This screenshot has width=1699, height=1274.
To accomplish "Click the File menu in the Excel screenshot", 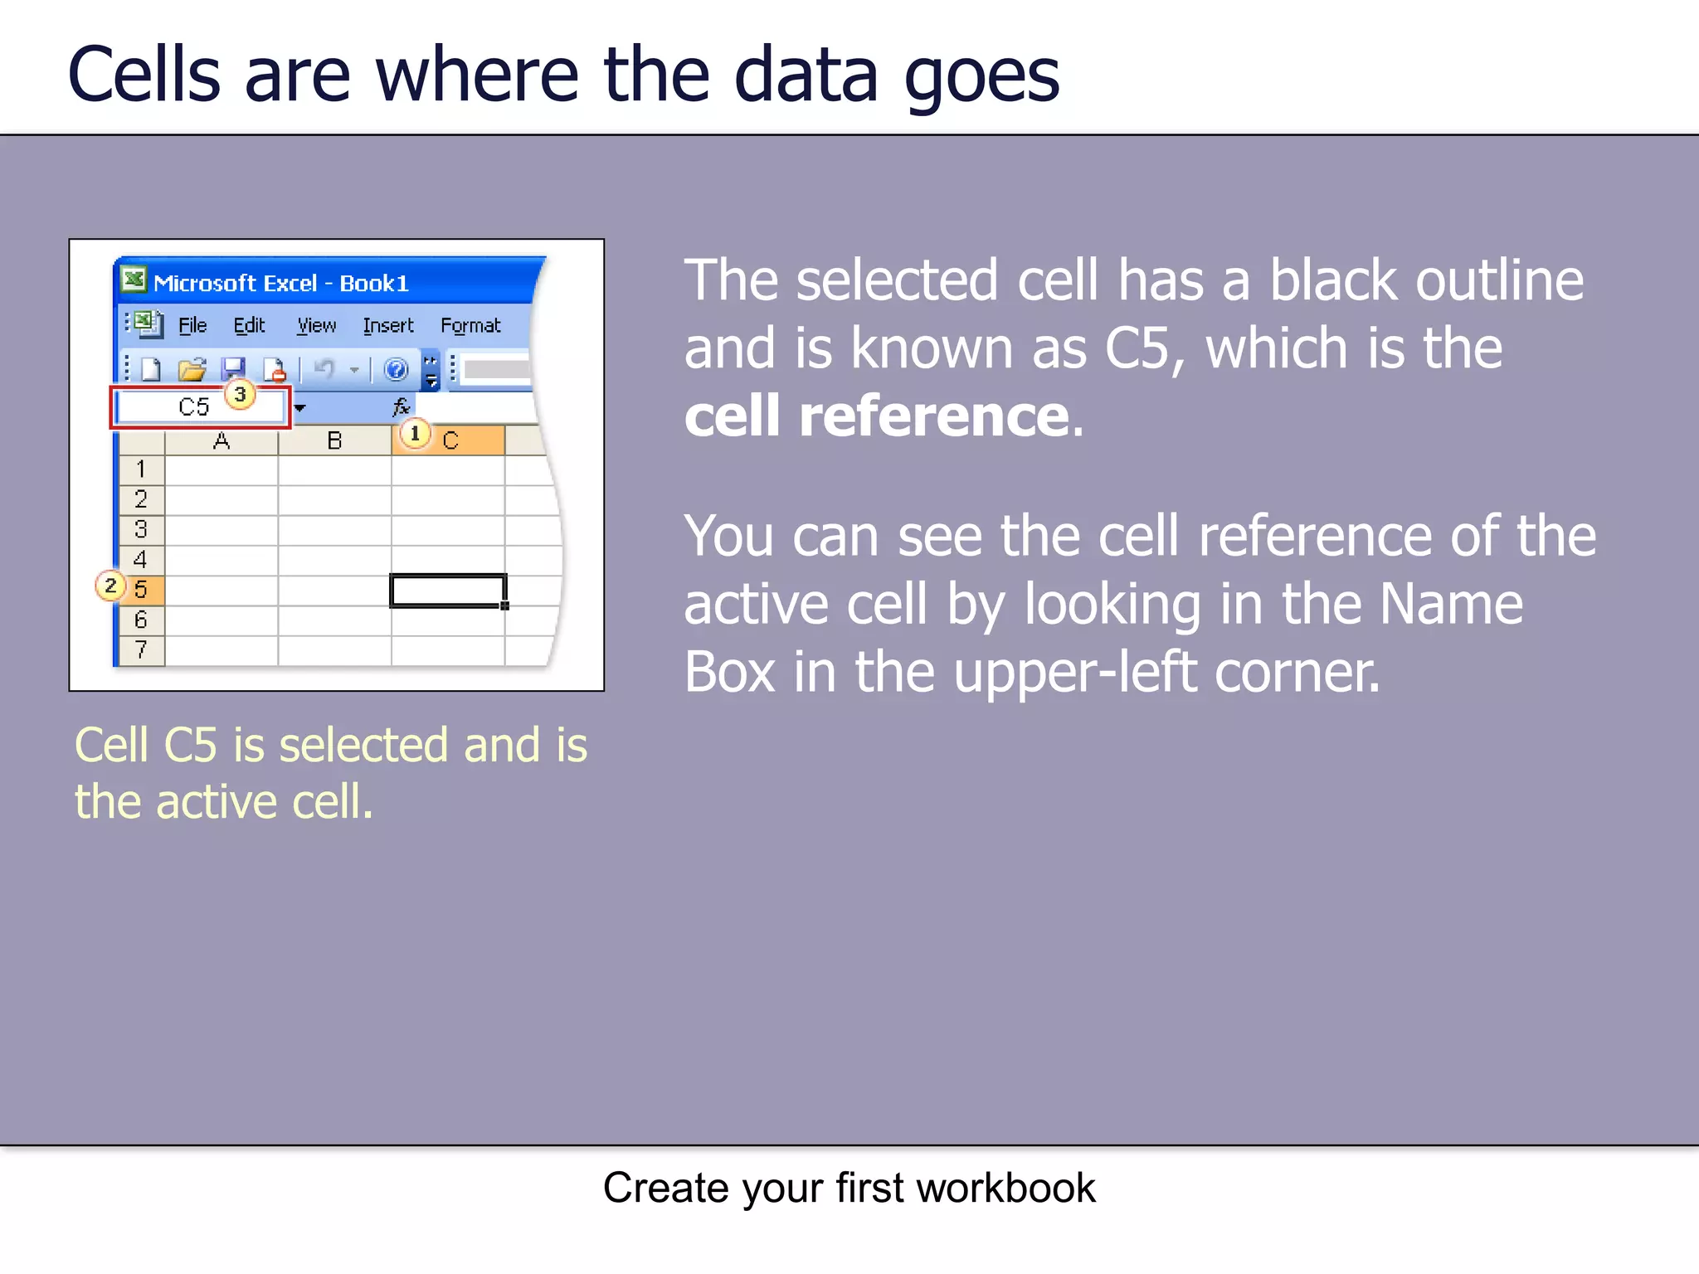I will tap(192, 325).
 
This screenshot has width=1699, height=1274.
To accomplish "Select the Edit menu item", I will tap(249, 325).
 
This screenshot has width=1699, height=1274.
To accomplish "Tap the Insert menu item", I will tap(387, 325).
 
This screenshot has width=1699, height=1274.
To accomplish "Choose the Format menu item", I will tap(470, 325).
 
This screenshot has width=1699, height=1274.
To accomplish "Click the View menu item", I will tap(316, 325).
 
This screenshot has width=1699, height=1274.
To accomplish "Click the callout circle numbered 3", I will tap(240, 394).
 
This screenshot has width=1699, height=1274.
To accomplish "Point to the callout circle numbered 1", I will tap(415, 433).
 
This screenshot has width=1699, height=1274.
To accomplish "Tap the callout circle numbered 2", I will tap(110, 586).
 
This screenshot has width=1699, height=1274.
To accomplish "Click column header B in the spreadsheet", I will tap(334, 440).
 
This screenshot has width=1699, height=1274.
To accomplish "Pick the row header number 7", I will tap(141, 649).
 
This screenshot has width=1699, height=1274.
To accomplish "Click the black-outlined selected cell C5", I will tap(447, 591).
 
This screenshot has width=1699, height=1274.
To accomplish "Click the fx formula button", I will tap(401, 407).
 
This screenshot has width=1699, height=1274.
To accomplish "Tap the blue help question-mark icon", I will tap(397, 369).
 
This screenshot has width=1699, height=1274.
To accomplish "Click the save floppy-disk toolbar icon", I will tap(233, 369).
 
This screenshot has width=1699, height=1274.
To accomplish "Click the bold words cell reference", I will tap(876, 416).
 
